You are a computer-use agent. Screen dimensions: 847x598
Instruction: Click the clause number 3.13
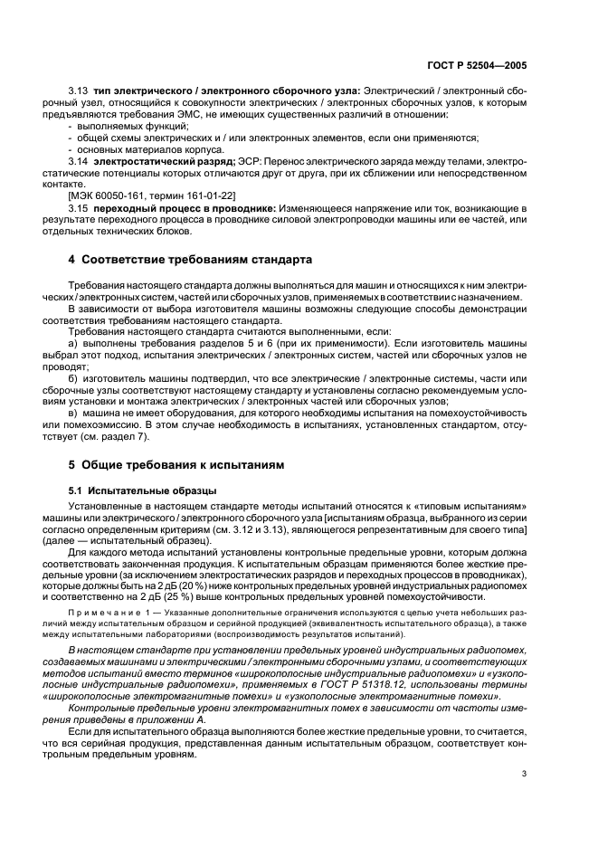[78, 91]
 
